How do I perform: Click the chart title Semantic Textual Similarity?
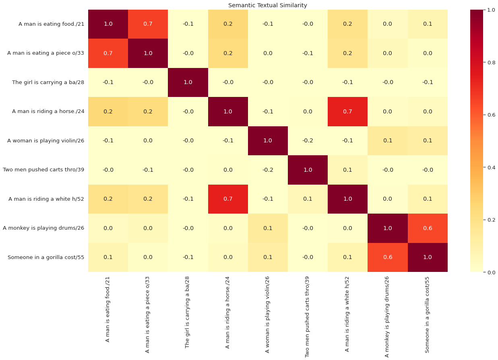pyautogui.click(x=268, y=5)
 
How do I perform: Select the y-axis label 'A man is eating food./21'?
pyautogui.click(x=51, y=24)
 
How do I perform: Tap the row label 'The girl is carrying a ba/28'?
pyautogui.click(x=48, y=82)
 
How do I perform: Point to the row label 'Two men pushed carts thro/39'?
pyautogui.click(x=43, y=170)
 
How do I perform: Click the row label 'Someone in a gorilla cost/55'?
pyautogui.click(x=46, y=257)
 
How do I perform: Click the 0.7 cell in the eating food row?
pyautogui.click(x=148, y=24)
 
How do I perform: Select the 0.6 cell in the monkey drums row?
pyautogui.click(x=428, y=228)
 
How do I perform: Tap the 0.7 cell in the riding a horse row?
pyautogui.click(x=348, y=112)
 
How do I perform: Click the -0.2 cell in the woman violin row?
pyautogui.click(x=308, y=141)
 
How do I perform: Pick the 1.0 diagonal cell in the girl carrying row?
pyautogui.click(x=188, y=82)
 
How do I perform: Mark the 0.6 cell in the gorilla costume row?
pyautogui.click(x=387, y=257)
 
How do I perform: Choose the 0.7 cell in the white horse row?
pyautogui.click(x=228, y=199)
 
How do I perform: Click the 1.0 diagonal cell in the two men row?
pyautogui.click(x=308, y=170)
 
